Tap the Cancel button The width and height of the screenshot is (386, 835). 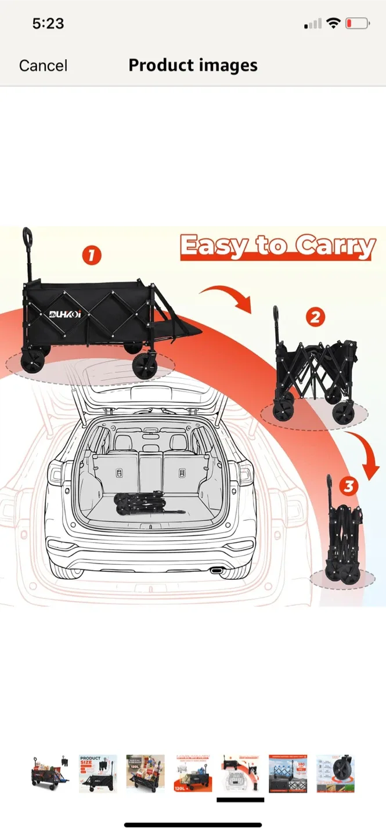43,66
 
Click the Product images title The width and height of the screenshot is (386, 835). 193,65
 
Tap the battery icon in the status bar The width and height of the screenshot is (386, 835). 357,24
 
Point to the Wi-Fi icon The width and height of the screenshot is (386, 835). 333,24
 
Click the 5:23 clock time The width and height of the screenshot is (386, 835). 48,24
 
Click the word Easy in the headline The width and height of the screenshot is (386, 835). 212,246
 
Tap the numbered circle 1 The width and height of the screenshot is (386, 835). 92,255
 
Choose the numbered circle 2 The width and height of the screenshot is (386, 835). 315,317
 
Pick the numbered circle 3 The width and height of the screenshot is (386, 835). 348,486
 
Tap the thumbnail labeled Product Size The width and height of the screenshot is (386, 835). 98,774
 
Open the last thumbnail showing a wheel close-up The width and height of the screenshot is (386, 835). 336,774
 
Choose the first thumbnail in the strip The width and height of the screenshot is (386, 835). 50,774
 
